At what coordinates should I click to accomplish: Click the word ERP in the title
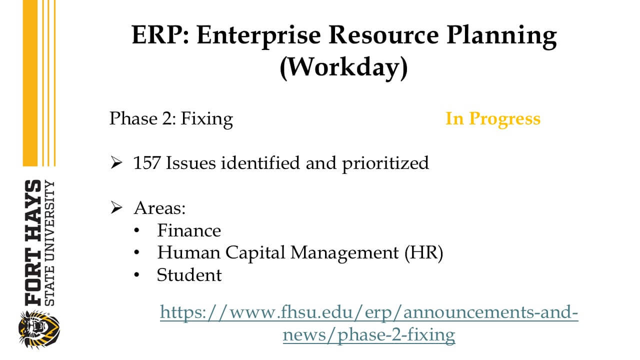[x=160, y=34]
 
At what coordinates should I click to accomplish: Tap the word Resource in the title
[x=383, y=34]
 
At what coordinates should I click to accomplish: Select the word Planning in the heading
[x=501, y=36]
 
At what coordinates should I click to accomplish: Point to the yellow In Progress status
[x=493, y=118]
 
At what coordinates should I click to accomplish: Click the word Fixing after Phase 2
[x=207, y=119]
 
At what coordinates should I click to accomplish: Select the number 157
[x=146, y=163]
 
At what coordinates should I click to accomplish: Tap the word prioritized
[x=385, y=163]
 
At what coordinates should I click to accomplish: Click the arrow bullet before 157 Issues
[x=116, y=163]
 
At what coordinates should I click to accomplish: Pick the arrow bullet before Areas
[x=116, y=207]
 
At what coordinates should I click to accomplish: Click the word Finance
[x=189, y=230]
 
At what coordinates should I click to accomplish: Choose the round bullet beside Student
[x=136, y=275]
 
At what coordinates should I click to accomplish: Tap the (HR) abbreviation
[x=423, y=253]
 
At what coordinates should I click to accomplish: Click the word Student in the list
[x=189, y=275]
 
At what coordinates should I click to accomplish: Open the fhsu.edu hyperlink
[x=369, y=323]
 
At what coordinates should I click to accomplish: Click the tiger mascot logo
[x=39, y=329]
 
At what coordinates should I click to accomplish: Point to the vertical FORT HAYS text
[x=33, y=242]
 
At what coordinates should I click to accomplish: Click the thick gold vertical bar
[x=30, y=83]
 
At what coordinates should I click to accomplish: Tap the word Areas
[x=159, y=207]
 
